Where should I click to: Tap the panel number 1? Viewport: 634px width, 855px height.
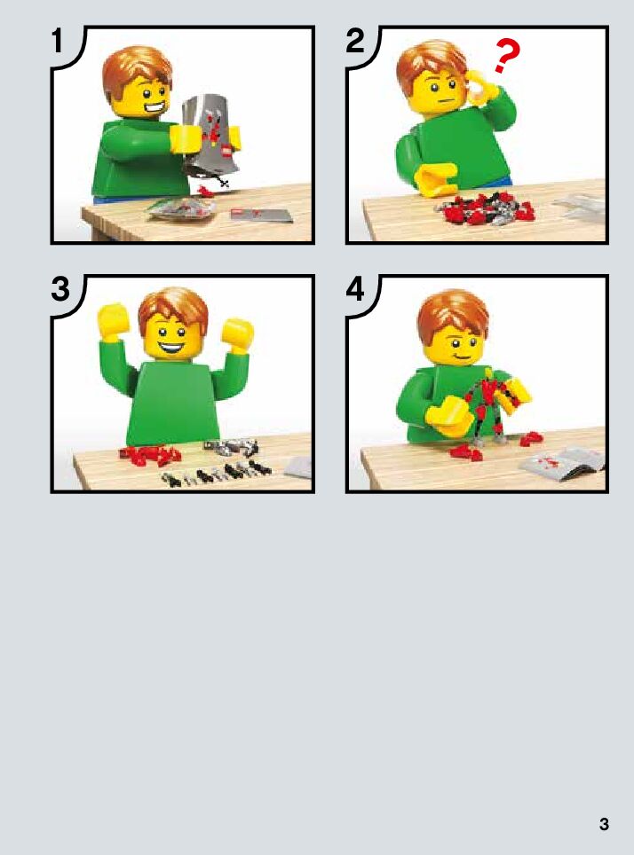(58, 41)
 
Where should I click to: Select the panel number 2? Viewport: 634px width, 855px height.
(355, 41)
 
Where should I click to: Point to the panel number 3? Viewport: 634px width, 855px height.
(60, 289)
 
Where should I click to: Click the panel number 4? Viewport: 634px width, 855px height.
(355, 289)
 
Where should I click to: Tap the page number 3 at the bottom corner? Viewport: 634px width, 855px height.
(604, 823)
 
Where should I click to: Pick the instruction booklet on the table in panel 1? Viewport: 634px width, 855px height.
(261, 215)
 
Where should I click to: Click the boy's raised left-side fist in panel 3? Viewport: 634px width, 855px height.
(113, 321)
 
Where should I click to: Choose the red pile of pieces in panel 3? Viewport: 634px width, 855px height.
(151, 455)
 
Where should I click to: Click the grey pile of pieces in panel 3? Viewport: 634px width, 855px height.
(230, 447)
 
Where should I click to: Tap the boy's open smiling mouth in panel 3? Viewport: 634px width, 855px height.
(173, 347)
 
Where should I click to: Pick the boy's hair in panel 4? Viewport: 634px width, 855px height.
(453, 317)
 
